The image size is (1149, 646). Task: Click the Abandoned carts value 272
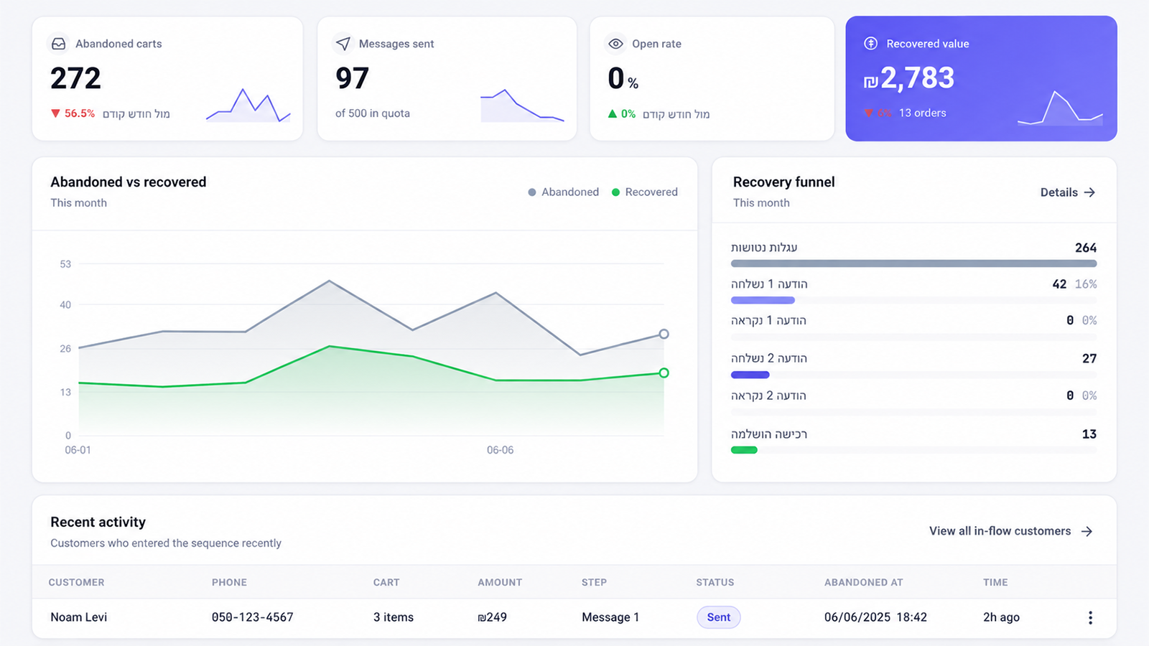click(75, 78)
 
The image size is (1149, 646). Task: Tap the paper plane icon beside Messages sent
click(343, 44)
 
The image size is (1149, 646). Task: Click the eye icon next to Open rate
click(615, 44)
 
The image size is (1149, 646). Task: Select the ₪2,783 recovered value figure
click(908, 78)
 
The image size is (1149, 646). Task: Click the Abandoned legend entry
click(563, 192)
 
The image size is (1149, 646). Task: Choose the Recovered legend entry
click(645, 192)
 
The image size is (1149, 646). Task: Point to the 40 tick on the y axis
click(65, 305)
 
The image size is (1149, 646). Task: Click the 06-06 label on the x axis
click(500, 450)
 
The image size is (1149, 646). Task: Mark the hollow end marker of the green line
click(664, 373)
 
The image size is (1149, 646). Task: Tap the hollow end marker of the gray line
click(664, 334)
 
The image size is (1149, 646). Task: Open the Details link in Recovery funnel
click(1067, 192)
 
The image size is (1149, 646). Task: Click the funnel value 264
click(1085, 248)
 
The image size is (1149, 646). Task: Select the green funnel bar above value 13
click(744, 450)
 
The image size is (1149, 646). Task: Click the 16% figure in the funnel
click(1086, 284)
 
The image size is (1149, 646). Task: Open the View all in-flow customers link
click(1010, 531)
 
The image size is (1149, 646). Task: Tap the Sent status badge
click(718, 617)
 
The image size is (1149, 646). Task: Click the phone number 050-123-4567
click(252, 617)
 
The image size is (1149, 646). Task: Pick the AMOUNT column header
click(500, 582)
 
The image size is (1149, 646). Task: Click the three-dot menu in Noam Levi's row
click(1091, 618)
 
